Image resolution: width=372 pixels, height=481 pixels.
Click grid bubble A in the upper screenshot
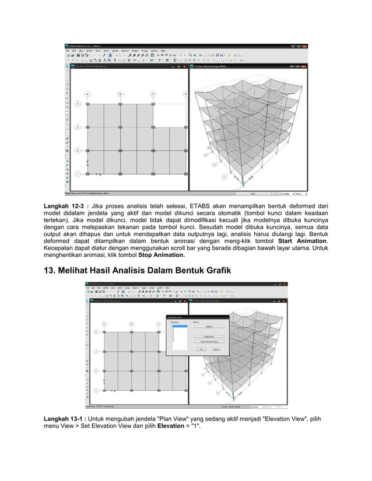pos(87,93)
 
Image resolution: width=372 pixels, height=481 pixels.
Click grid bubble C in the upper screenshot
pos(153,93)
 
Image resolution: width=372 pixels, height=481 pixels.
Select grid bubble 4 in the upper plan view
pos(77,104)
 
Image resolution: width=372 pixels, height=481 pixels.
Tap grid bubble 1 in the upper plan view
pos(77,174)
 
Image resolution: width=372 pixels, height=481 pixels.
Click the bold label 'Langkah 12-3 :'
pos(69,206)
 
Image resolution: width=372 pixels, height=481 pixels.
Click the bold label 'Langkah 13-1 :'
pos(69,420)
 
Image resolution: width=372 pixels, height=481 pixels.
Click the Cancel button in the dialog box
pos(215,349)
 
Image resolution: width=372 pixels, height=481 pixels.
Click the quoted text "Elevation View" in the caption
pos(285,420)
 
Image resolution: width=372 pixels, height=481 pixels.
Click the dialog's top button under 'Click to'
pos(208,327)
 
